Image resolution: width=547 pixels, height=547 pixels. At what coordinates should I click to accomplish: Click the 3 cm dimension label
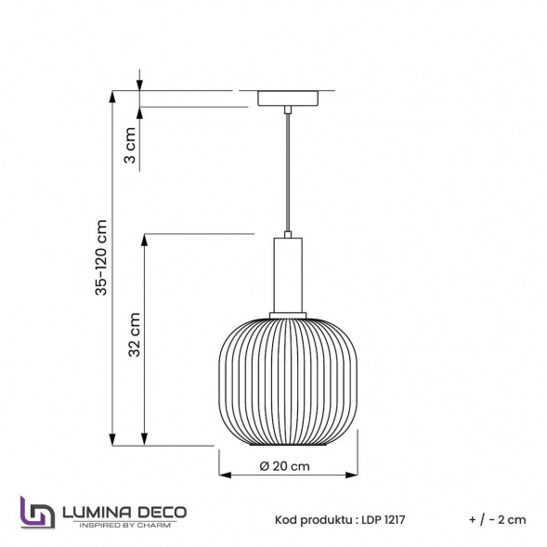click(x=131, y=146)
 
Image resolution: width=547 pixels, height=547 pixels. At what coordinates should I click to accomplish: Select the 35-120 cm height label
click(x=102, y=258)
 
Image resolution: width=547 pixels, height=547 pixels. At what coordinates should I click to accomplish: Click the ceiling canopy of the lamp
click(x=290, y=98)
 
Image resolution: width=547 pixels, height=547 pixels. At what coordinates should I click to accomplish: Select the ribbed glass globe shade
click(x=289, y=381)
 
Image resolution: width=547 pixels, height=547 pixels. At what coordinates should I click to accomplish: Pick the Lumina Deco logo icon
click(x=36, y=513)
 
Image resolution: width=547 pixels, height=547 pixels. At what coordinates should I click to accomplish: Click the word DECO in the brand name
click(x=163, y=512)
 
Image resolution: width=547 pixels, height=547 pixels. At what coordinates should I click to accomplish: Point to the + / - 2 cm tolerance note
click(x=498, y=520)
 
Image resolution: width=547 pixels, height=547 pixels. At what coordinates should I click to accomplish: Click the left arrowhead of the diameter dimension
click(x=224, y=475)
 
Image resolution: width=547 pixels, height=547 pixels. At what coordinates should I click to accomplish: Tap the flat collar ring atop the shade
click(x=289, y=313)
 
